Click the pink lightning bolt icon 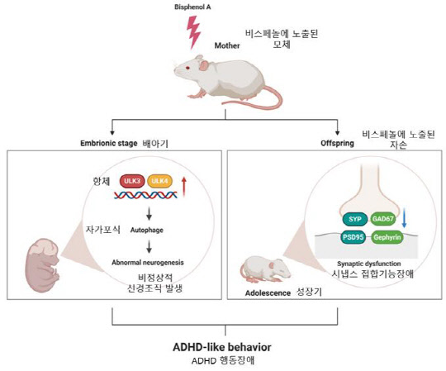[195, 32]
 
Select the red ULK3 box [132, 179]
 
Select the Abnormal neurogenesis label [148, 261]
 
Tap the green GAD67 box [382, 218]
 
